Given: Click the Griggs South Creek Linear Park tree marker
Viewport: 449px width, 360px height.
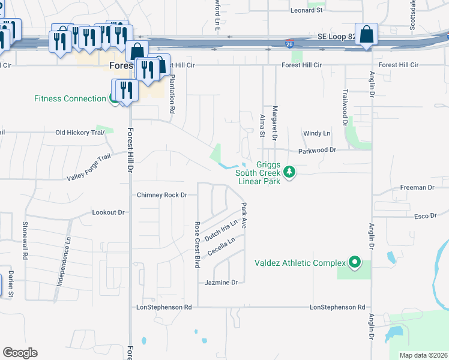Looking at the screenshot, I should pyautogui.click(x=290, y=173).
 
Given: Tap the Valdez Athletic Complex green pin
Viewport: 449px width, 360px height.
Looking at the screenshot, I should pyautogui.click(x=355, y=262).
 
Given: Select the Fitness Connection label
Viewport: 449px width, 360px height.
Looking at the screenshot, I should pyautogui.click(x=70, y=99).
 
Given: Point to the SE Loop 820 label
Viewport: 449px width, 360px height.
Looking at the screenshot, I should pyautogui.click(x=336, y=37).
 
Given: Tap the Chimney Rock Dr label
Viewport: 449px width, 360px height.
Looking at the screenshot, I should pyautogui.click(x=162, y=195).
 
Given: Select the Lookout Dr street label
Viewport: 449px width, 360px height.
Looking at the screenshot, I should pyautogui.click(x=108, y=212).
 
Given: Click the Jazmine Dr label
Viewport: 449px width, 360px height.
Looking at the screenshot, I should pyautogui.click(x=221, y=282).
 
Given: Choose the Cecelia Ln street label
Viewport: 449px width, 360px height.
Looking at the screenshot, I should pyautogui.click(x=221, y=246).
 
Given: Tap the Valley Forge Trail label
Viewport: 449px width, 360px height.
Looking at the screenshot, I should pyautogui.click(x=89, y=167).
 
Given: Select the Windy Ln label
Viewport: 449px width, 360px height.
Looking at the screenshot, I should pyautogui.click(x=317, y=133).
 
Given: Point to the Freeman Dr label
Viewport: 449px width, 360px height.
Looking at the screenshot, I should pyautogui.click(x=417, y=188).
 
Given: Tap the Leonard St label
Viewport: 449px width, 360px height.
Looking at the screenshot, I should pyautogui.click(x=306, y=10).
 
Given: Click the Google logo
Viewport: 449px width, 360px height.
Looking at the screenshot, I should pyautogui.click(x=20, y=353).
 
